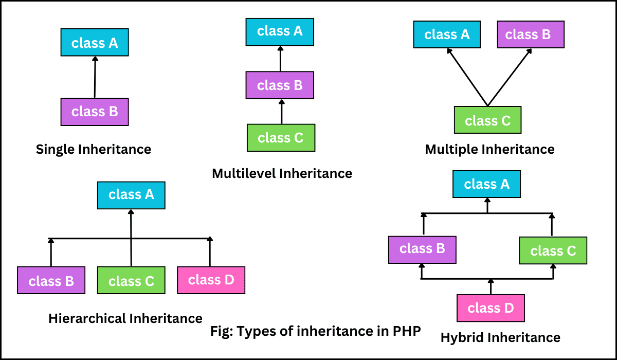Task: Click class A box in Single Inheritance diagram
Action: click(95, 43)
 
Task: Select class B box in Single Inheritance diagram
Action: click(95, 112)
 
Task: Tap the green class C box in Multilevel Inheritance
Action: click(281, 138)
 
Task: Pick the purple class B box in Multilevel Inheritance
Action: click(280, 85)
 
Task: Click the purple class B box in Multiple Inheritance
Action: click(531, 35)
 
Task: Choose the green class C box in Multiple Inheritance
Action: click(487, 120)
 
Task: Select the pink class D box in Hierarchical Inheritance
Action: click(211, 280)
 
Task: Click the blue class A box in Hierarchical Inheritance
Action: click(131, 195)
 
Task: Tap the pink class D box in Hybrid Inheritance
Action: click(491, 309)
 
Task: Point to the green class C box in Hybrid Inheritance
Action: click(553, 251)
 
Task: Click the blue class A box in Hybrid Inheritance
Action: click(486, 185)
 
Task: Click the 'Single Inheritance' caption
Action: click(94, 150)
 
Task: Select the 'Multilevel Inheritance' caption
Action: click(282, 174)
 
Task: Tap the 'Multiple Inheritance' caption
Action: click(489, 150)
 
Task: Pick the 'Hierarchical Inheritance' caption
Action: click(125, 318)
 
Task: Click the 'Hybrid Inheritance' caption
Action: click(500, 338)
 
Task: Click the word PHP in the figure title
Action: click(406, 331)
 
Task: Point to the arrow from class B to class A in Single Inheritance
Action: click(95, 77)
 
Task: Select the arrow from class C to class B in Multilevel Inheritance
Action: click(281, 112)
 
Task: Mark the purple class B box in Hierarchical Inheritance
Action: click(51, 281)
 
